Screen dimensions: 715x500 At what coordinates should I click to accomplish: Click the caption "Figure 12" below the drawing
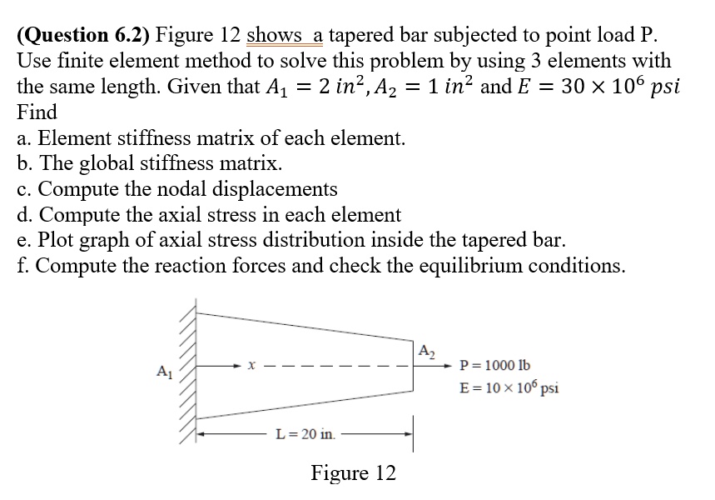point(353,473)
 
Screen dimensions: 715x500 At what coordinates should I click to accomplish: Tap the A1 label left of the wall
point(163,371)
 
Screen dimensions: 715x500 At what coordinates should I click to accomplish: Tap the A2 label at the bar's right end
point(425,350)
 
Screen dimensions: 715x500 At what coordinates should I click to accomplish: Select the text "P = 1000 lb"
point(495,366)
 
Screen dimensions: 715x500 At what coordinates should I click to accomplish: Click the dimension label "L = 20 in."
point(305,434)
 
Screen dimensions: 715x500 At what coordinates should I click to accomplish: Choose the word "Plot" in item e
point(50,240)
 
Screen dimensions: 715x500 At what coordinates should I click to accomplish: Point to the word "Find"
point(37,112)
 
